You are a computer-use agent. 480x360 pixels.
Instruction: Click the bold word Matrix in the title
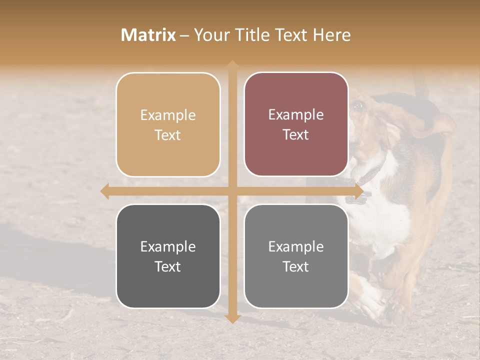pyautogui.click(x=148, y=35)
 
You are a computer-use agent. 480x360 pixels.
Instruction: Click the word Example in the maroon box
pyautogui.click(x=296, y=115)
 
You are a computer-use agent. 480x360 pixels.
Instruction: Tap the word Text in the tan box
pyautogui.click(x=168, y=135)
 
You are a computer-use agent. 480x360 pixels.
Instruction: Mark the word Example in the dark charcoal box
pyautogui.click(x=168, y=246)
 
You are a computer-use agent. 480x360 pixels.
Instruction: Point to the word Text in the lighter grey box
pyautogui.click(x=296, y=267)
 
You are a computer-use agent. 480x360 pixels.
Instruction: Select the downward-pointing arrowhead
pyautogui.click(x=232, y=318)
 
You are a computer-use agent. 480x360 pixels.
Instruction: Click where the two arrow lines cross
pyautogui.click(x=232, y=191)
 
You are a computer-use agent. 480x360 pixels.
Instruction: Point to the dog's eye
pyautogui.click(x=358, y=105)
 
